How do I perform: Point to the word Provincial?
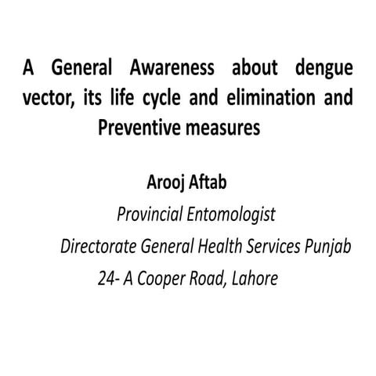[x=148, y=215]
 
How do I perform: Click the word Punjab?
[x=328, y=247]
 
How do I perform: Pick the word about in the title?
[x=251, y=69]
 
